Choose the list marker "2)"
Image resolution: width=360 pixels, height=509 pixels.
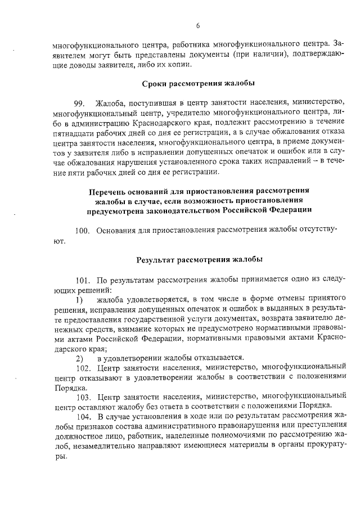(x=80, y=357)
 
